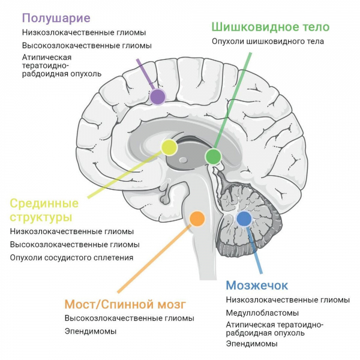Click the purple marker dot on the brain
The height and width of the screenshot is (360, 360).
pyautogui.click(x=157, y=97)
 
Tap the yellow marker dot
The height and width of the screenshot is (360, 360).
pyautogui.click(x=169, y=147)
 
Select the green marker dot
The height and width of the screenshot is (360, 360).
pyautogui.click(x=213, y=157)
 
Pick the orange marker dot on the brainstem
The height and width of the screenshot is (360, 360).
pyautogui.click(x=197, y=218)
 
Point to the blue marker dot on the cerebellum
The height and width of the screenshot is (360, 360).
pyautogui.click(x=244, y=219)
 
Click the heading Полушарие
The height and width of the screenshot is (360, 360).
pyautogui.click(x=56, y=19)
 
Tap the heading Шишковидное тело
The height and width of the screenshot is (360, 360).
pyautogui.click(x=271, y=27)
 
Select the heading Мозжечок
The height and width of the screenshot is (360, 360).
pyautogui.click(x=257, y=286)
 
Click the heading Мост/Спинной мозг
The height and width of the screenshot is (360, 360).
pyautogui.click(x=125, y=305)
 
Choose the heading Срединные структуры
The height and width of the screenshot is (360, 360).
pyautogui.click(x=44, y=211)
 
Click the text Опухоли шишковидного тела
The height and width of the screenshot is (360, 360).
pyautogui.click(x=268, y=41)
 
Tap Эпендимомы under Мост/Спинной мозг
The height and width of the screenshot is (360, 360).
pyautogui.click(x=91, y=331)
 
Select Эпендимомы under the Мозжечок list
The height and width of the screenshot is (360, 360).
pyautogui.click(x=251, y=344)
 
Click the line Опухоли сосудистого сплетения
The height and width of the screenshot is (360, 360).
pyautogui.click(x=71, y=257)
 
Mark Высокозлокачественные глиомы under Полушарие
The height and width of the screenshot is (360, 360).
pyautogui.click(x=87, y=46)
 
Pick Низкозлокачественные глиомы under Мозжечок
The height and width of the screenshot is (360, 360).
pyautogui.click(x=288, y=300)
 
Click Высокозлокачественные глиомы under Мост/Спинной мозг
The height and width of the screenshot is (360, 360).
pyautogui.click(x=130, y=318)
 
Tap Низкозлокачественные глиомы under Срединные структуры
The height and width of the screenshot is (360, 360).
pyautogui.click(x=72, y=232)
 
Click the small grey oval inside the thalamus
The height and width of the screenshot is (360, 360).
pyautogui.click(x=183, y=160)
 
